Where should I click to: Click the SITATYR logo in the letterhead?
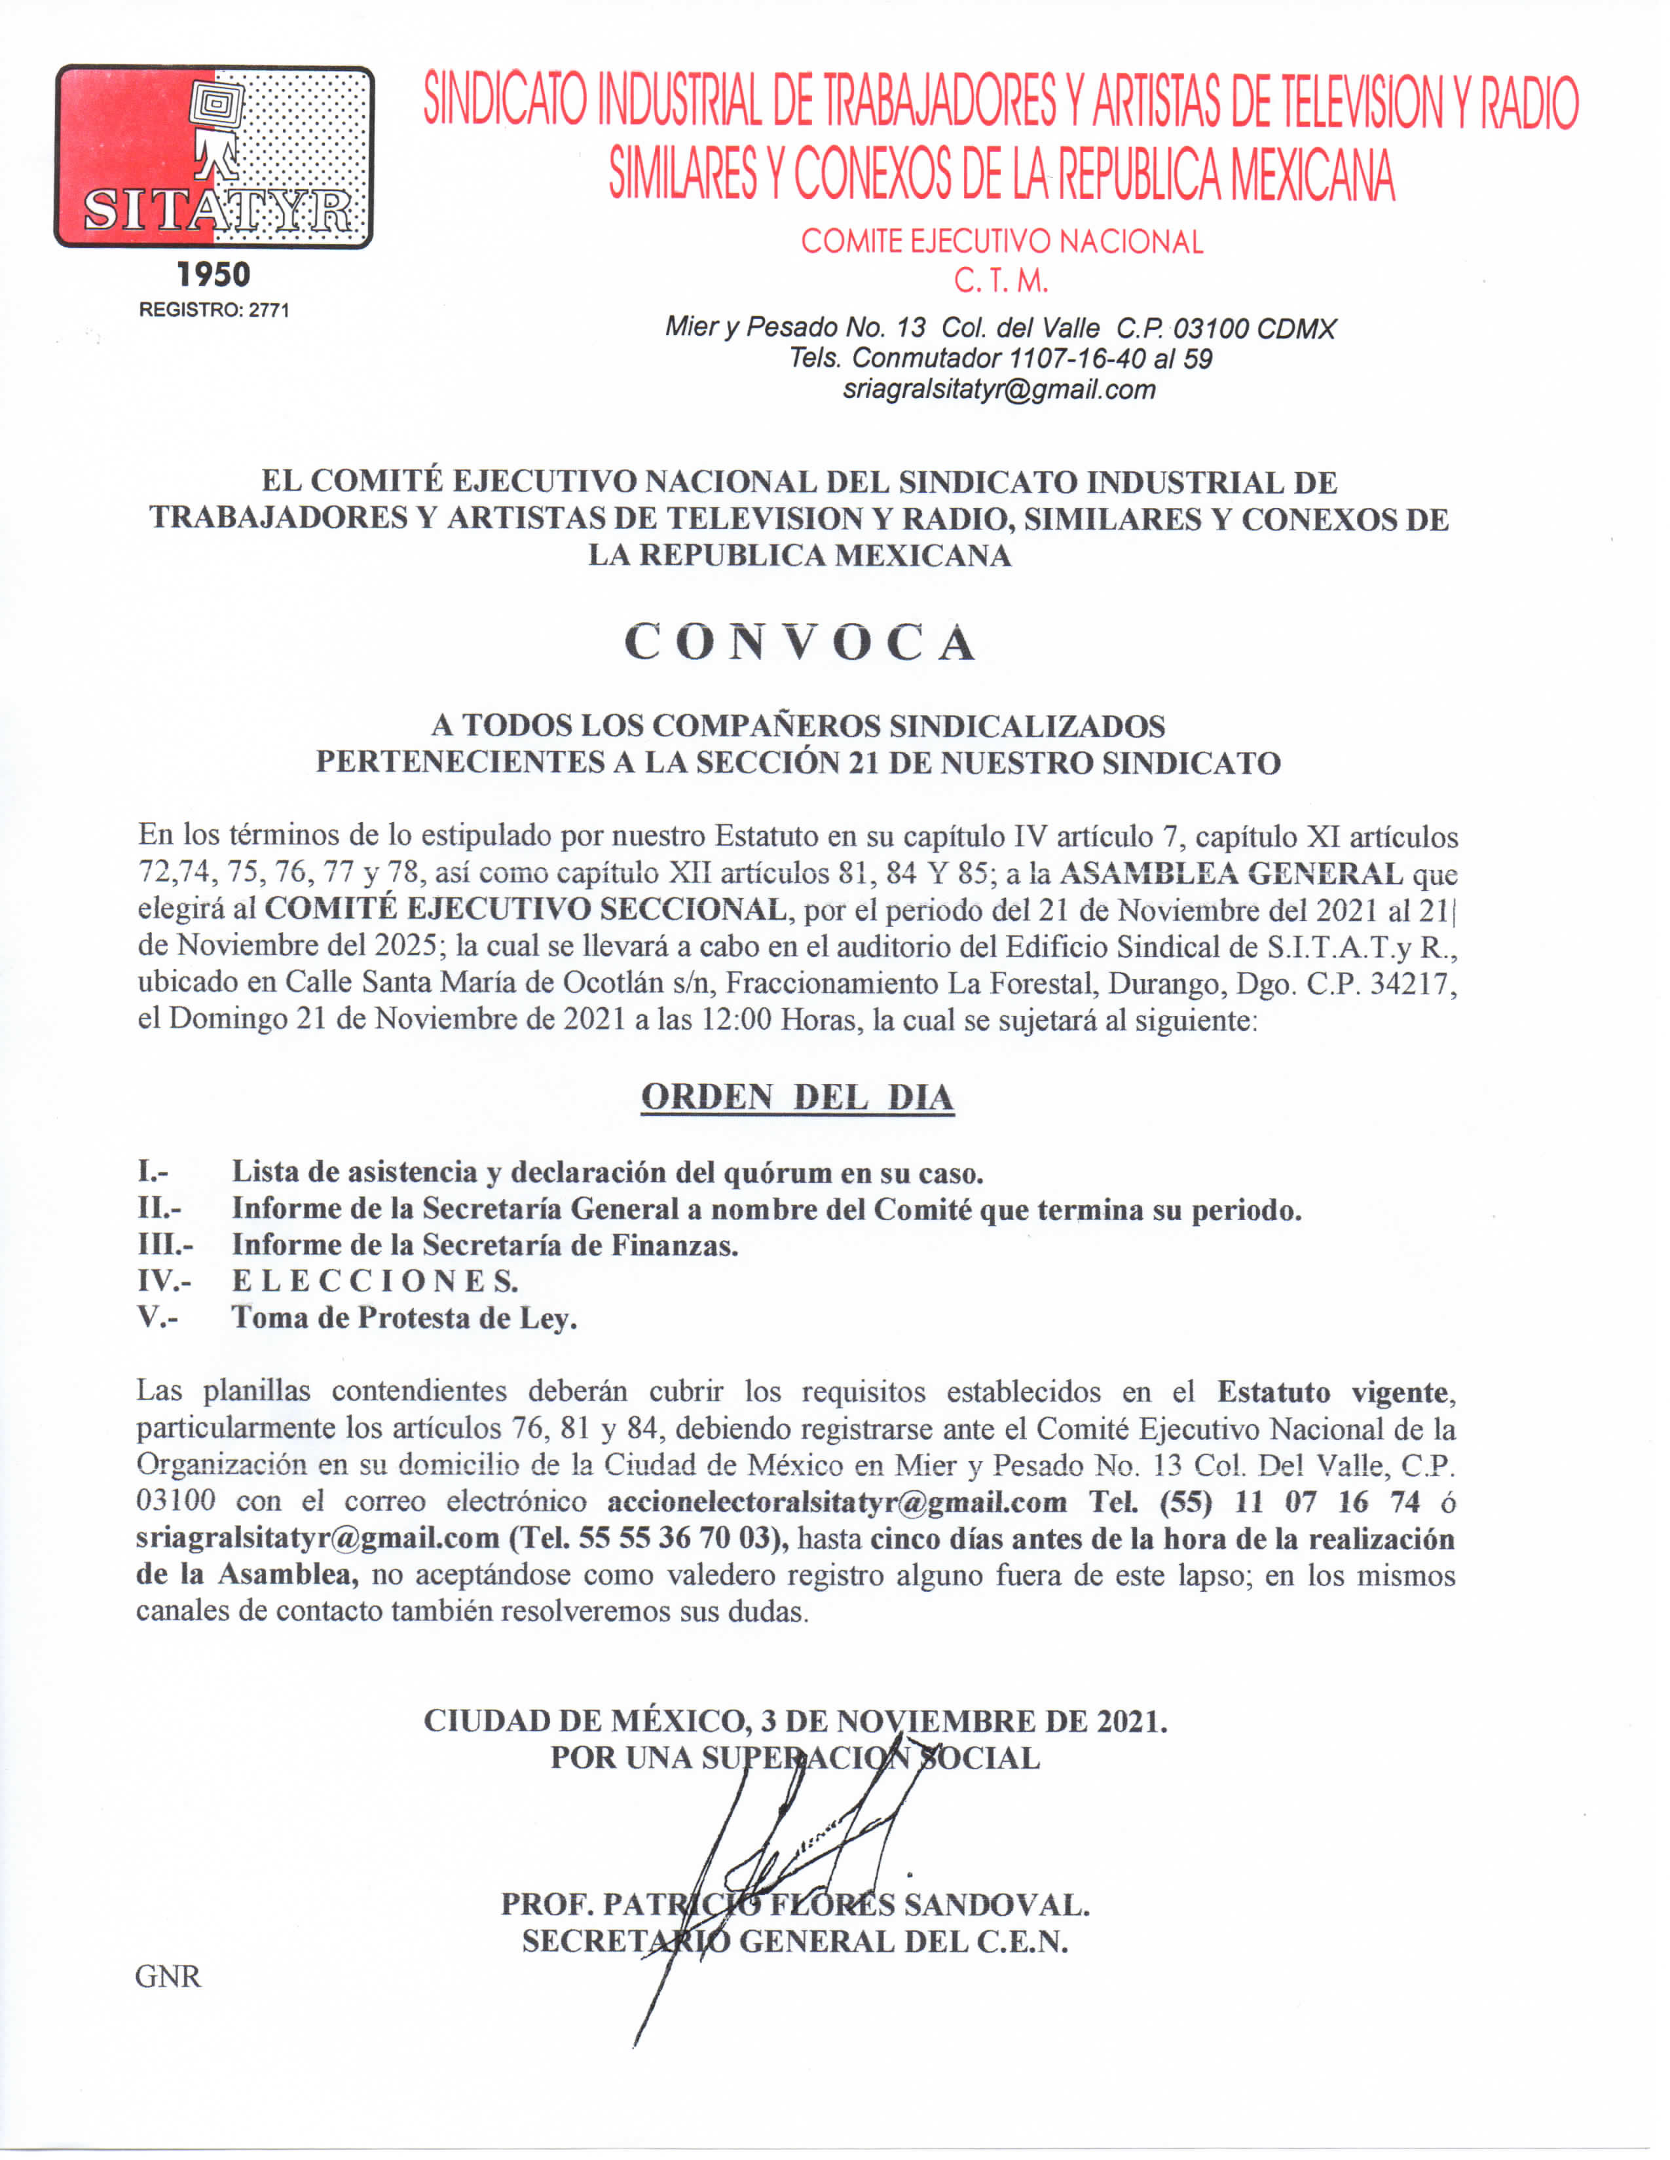click(x=213, y=156)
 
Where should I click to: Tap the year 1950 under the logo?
click(x=213, y=275)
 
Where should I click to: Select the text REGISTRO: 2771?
click(x=213, y=310)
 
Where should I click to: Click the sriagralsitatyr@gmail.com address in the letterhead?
click(x=999, y=389)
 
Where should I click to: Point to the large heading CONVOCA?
click(x=800, y=643)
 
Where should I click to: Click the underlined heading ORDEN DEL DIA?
click(x=798, y=1098)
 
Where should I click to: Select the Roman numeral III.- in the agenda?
click(x=164, y=1244)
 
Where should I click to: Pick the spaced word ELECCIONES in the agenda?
click(x=374, y=1281)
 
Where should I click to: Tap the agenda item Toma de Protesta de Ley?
click(x=403, y=1318)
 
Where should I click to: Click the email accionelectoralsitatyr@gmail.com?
click(x=837, y=1502)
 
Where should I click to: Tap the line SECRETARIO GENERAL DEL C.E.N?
click(x=796, y=1941)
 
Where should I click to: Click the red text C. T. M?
click(x=1000, y=282)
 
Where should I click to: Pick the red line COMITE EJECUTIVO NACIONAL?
click(x=1001, y=242)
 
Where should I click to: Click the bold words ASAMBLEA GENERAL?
click(x=1231, y=873)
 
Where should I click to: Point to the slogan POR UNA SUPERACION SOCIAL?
click(x=796, y=1757)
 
